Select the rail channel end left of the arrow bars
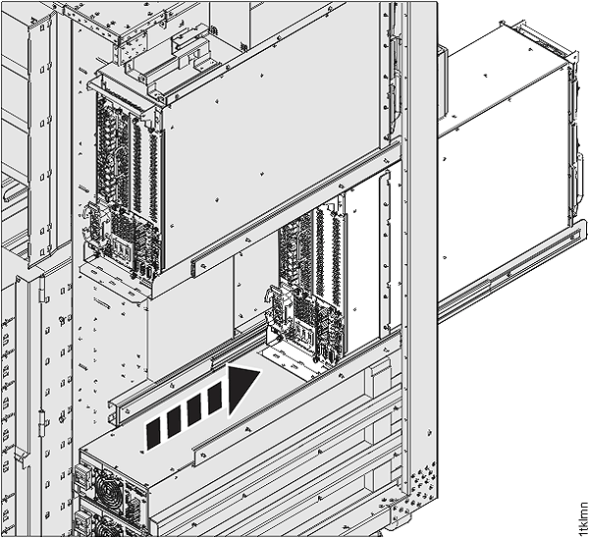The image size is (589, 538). [120, 404]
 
